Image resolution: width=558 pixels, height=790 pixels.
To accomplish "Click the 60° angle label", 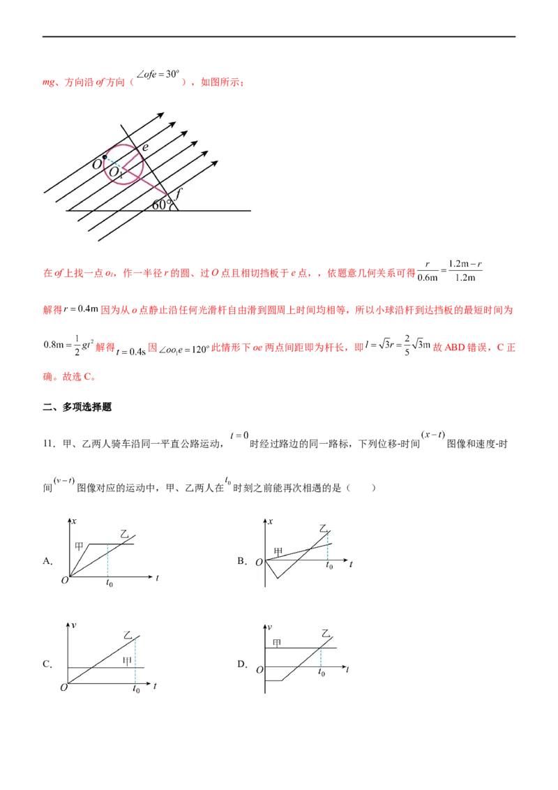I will point(163,204).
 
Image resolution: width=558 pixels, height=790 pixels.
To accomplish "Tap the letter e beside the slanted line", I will point(145,147).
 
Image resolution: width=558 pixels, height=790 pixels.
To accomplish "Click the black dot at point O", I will point(105,156).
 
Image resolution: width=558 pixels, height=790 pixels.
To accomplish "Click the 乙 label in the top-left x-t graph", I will point(126,534).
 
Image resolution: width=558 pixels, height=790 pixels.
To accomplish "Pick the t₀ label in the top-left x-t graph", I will point(110,583).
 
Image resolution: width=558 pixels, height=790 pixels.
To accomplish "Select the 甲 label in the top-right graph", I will point(278,551).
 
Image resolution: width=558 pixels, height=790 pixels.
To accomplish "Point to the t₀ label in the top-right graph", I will point(329,567).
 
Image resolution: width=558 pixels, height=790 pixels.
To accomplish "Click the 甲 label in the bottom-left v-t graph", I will point(127,660).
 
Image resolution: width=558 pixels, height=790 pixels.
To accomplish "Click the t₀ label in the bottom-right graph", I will point(322,673).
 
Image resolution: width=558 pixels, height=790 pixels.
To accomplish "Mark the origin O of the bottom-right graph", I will point(259,670).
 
